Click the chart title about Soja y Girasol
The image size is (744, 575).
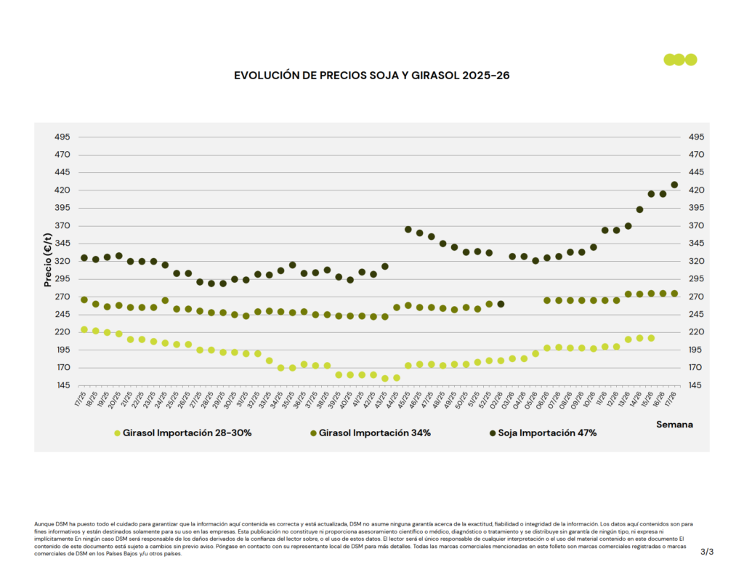point(371,75)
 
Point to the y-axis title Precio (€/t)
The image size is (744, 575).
point(47,253)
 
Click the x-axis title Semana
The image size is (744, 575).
point(674,424)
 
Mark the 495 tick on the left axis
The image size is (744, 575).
point(62,137)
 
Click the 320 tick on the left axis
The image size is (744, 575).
point(62,261)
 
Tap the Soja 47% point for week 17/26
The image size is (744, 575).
point(674,185)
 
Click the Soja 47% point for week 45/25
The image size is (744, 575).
point(408,230)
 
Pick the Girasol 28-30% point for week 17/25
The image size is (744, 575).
point(84,329)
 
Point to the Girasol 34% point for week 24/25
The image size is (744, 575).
point(165,300)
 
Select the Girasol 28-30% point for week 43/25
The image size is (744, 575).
point(385,378)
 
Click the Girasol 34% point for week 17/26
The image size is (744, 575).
point(674,294)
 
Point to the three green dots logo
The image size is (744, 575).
point(680,60)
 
